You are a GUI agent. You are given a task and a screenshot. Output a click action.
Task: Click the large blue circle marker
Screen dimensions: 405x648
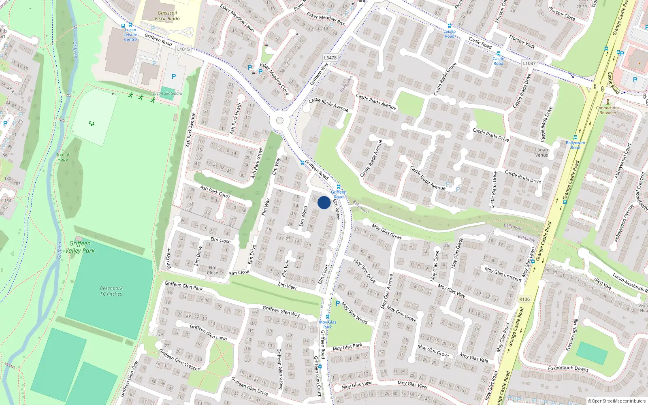coord(324,202)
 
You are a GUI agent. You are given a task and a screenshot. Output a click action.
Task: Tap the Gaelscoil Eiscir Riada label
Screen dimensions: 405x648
coord(167,16)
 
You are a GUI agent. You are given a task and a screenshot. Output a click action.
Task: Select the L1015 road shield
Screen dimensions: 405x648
coord(183,49)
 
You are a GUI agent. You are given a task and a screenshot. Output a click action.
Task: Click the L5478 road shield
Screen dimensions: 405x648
coord(330,58)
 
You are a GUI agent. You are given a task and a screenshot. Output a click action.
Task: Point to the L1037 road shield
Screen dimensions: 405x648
coord(529,63)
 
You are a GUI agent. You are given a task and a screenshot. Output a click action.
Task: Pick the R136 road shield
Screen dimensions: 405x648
coord(524,299)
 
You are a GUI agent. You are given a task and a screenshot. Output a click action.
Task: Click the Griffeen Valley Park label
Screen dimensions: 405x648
coord(80,247)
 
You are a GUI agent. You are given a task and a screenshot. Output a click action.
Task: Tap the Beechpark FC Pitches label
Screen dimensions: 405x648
coord(111,291)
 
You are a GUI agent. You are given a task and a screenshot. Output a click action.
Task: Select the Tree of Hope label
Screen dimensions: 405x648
coord(62,157)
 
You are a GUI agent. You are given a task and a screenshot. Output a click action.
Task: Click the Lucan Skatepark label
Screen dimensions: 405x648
coord(167,93)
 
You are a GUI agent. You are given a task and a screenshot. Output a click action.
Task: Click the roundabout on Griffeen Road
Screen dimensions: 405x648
coord(279,121)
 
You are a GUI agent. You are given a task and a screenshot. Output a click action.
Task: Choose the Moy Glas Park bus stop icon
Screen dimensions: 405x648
coord(328,317)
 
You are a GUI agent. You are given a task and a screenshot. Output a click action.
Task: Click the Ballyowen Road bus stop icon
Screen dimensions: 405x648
coord(575,138)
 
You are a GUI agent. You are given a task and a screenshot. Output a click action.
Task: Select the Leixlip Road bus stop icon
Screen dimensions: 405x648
coord(449,26)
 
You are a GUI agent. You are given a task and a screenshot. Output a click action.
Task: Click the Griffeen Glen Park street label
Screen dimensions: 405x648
coord(183,286)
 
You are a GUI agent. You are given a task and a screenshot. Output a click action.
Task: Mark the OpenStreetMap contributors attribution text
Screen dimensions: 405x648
coord(617,401)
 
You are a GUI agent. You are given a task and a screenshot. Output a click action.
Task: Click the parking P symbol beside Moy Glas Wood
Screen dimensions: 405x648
coord(338,303)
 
